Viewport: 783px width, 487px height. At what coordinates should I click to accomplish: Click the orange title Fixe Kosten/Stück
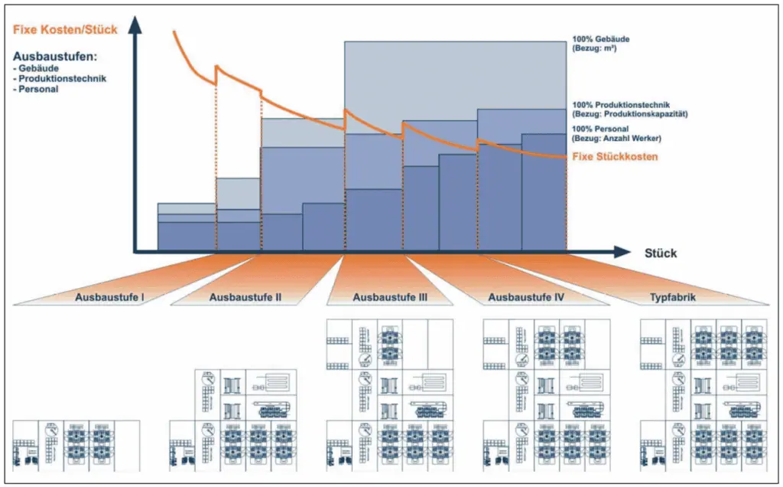pyautogui.click(x=65, y=30)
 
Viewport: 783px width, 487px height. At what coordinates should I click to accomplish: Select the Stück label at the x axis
pyautogui.click(x=661, y=253)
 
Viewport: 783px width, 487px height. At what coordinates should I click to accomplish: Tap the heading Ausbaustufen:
pyautogui.click(x=55, y=57)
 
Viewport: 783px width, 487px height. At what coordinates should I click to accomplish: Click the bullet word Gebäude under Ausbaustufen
pyautogui.click(x=38, y=68)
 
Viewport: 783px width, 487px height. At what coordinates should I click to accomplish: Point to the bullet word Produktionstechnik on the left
pyautogui.click(x=63, y=79)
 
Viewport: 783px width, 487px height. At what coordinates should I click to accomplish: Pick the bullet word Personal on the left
pyautogui.click(x=38, y=89)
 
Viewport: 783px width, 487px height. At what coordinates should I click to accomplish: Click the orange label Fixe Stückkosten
pyautogui.click(x=615, y=156)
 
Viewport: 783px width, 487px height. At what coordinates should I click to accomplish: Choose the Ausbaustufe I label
pyautogui.click(x=109, y=298)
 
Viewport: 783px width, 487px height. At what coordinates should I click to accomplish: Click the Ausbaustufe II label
pyautogui.click(x=245, y=298)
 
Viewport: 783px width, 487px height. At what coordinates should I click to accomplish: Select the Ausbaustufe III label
pyautogui.click(x=390, y=298)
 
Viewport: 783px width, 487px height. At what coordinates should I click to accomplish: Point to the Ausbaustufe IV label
pyautogui.click(x=526, y=298)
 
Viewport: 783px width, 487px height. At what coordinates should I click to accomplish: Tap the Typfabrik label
pyautogui.click(x=673, y=298)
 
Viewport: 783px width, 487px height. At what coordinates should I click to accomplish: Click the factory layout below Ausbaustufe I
pyautogui.click(x=76, y=446)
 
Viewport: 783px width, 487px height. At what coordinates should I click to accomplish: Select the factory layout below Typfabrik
pyautogui.click(x=703, y=396)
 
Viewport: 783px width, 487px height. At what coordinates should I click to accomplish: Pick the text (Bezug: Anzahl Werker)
pyautogui.click(x=616, y=139)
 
